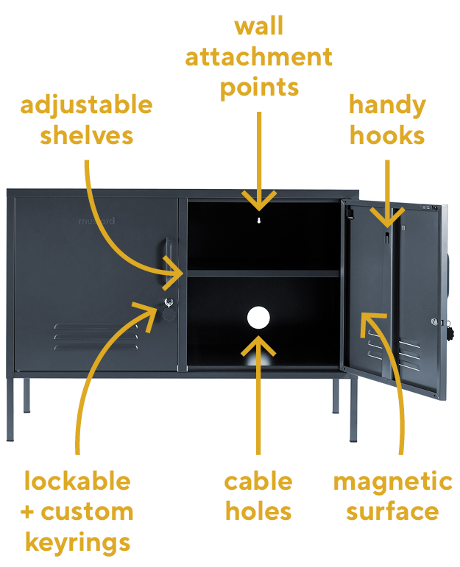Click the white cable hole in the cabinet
tap(258, 318)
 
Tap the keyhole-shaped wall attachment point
tap(258, 219)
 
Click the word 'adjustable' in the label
tap(86, 106)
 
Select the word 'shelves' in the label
tap(86, 136)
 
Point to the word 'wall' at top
tap(258, 26)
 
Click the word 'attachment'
tap(258, 57)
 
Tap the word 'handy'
tap(387, 106)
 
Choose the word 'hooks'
tap(387, 136)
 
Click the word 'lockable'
tap(77, 482)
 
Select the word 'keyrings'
tap(77, 542)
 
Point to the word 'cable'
tap(258, 482)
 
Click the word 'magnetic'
tap(392, 482)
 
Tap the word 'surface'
tap(392, 512)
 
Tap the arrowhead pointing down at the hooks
tap(386, 218)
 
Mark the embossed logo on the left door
tap(96, 220)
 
